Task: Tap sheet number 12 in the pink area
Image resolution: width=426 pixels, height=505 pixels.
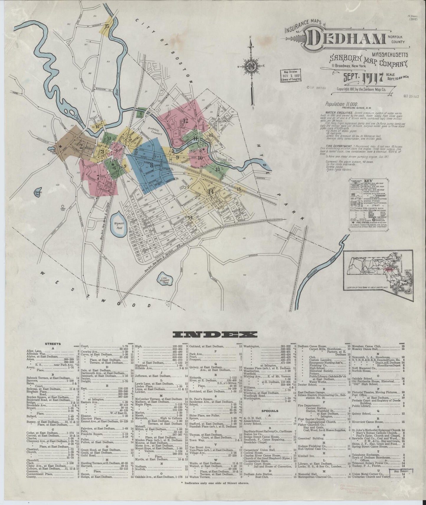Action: point(185,120)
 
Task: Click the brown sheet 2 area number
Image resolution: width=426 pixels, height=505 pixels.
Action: point(80,145)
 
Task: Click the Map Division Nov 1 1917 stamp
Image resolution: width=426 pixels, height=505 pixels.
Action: point(291,75)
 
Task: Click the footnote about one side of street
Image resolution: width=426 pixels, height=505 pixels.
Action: point(216,483)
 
